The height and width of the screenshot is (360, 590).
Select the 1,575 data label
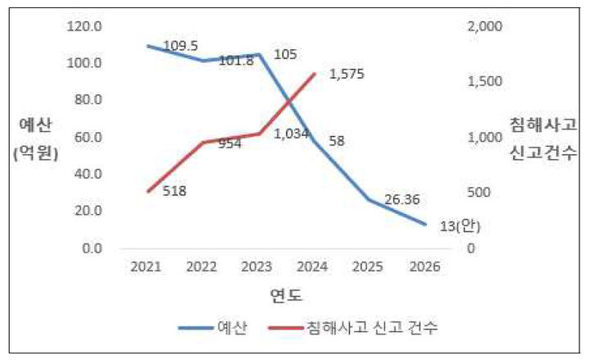(x=347, y=74)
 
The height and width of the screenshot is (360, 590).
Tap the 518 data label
(x=175, y=192)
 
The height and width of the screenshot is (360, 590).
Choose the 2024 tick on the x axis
(x=315, y=267)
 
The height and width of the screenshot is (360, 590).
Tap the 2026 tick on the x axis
(x=425, y=267)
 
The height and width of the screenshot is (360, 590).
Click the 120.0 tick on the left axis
(x=85, y=26)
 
